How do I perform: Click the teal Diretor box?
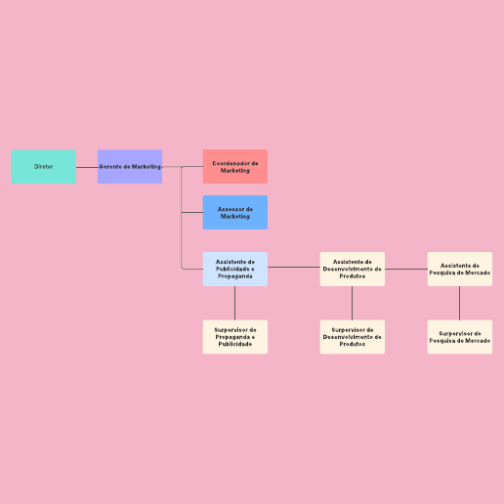(x=43, y=167)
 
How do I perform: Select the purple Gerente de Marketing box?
(x=130, y=167)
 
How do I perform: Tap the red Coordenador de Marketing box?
(x=235, y=167)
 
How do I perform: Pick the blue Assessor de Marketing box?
(x=235, y=212)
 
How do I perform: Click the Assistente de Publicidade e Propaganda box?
(x=235, y=269)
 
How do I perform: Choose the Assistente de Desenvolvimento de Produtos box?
(x=353, y=269)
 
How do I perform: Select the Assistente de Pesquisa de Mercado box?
(x=460, y=269)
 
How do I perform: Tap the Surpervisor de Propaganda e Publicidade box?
(x=235, y=337)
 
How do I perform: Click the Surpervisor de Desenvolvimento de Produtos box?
(x=353, y=337)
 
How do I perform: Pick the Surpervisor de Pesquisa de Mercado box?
(x=460, y=337)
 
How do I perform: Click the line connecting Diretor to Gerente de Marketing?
(x=87, y=167)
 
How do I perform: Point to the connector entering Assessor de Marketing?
(x=192, y=212)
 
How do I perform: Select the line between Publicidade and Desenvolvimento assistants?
(x=294, y=268)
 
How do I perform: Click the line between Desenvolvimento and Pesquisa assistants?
(x=406, y=269)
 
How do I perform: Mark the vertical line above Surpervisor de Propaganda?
(x=234, y=303)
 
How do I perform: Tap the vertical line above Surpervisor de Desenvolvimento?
(x=352, y=303)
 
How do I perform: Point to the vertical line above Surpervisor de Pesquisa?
(x=459, y=303)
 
